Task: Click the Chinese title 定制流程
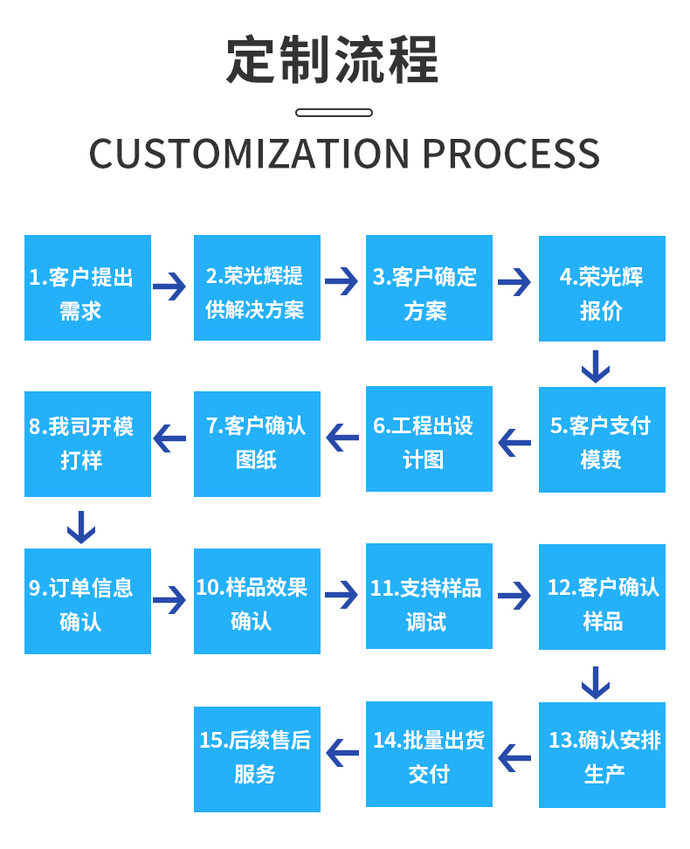point(333,60)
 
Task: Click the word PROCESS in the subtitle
point(511,155)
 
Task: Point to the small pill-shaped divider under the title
point(334,113)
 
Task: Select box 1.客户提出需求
point(87,287)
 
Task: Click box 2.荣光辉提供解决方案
point(257,287)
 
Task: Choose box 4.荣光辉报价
point(602,288)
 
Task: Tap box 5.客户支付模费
point(602,439)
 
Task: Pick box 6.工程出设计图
point(429,438)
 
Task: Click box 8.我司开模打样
point(87,444)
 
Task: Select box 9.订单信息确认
point(87,601)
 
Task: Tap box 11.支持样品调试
point(429,596)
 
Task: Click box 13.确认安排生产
point(602,755)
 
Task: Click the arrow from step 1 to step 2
point(169,285)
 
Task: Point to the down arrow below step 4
point(596,366)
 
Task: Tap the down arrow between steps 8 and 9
point(81,527)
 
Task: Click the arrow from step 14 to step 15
point(342,752)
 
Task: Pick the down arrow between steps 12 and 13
point(596,682)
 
